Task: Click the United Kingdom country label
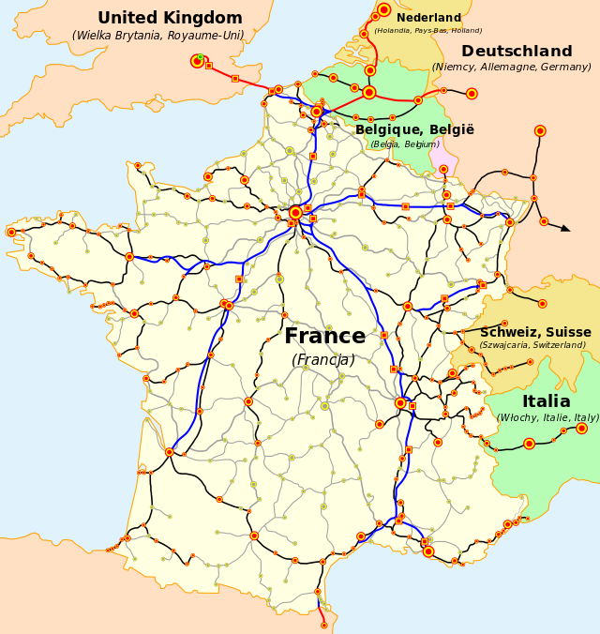coord(170,19)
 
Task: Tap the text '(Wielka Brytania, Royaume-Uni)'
coord(157,37)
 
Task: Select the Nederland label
coord(428,18)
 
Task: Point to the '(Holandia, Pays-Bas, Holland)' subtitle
coord(428,31)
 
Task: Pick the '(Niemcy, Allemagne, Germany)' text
coord(511,68)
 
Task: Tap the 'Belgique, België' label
coord(414,130)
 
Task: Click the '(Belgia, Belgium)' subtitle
coord(404,144)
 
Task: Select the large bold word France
coord(324,337)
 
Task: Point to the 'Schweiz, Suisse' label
coord(535,333)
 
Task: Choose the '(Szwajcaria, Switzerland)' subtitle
coord(532,345)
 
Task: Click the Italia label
coord(546,401)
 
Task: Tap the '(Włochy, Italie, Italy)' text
coord(547,418)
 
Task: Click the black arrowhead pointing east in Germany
coord(565,228)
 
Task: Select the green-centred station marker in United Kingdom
coord(198,61)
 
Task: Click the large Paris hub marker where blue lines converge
coord(295,213)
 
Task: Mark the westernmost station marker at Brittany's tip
coord(11,232)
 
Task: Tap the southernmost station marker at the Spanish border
coord(324,625)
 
